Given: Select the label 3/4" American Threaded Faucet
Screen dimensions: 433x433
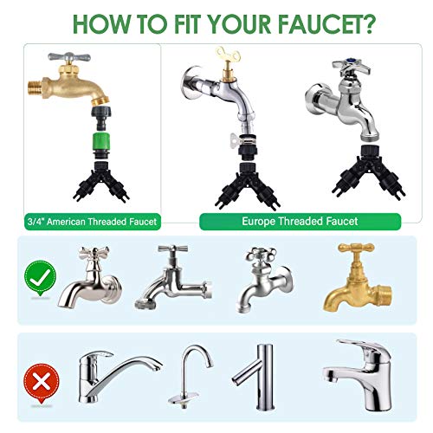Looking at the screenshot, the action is point(92,222).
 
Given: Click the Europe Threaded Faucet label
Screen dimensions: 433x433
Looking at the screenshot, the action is point(300,222).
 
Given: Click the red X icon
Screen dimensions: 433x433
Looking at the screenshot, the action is point(42,383).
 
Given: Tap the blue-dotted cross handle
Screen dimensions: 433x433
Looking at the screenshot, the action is point(351,67).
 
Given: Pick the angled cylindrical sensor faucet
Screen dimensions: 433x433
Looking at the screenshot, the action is point(255,377).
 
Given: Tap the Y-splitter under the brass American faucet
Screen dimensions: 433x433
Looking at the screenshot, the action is point(101,182).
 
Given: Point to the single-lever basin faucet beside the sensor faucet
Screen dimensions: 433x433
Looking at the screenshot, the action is point(358,374).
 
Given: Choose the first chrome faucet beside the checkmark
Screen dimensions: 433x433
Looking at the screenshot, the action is point(89,276).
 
